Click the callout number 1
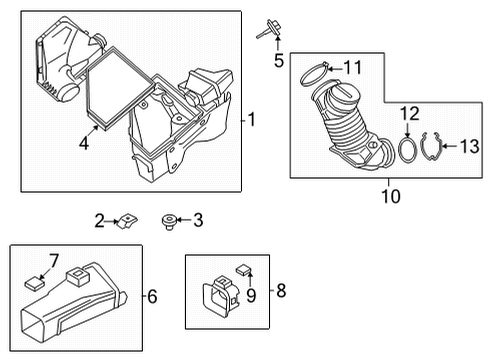tap(253, 120)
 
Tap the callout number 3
tap(198, 219)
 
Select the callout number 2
tap(99, 219)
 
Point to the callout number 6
tap(152, 297)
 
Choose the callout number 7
tap(55, 261)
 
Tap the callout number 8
tap(281, 291)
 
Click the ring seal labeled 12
tap(408, 149)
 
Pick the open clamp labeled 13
tap(432, 148)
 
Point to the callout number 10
tap(389, 197)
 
